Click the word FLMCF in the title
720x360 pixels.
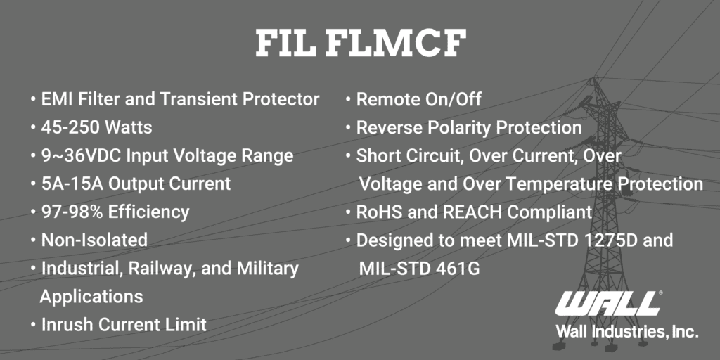(x=396, y=44)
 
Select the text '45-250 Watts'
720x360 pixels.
(x=96, y=127)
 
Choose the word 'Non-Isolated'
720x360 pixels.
(x=94, y=240)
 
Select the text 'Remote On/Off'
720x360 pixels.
(x=419, y=99)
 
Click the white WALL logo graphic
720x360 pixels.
(x=608, y=303)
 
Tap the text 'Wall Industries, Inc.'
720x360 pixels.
(x=626, y=331)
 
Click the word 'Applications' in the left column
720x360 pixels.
(x=91, y=296)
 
